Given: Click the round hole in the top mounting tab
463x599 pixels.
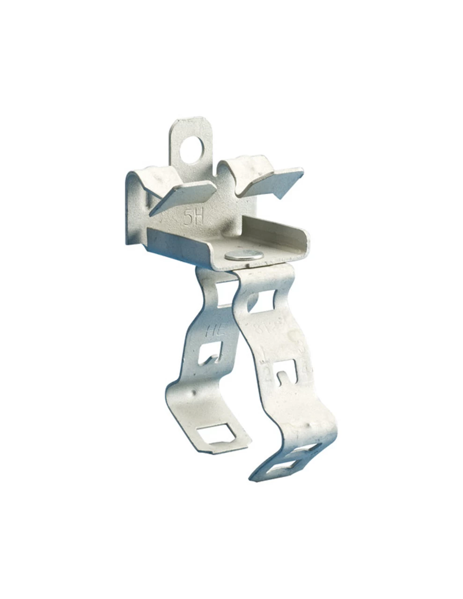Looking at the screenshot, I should (x=191, y=149).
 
